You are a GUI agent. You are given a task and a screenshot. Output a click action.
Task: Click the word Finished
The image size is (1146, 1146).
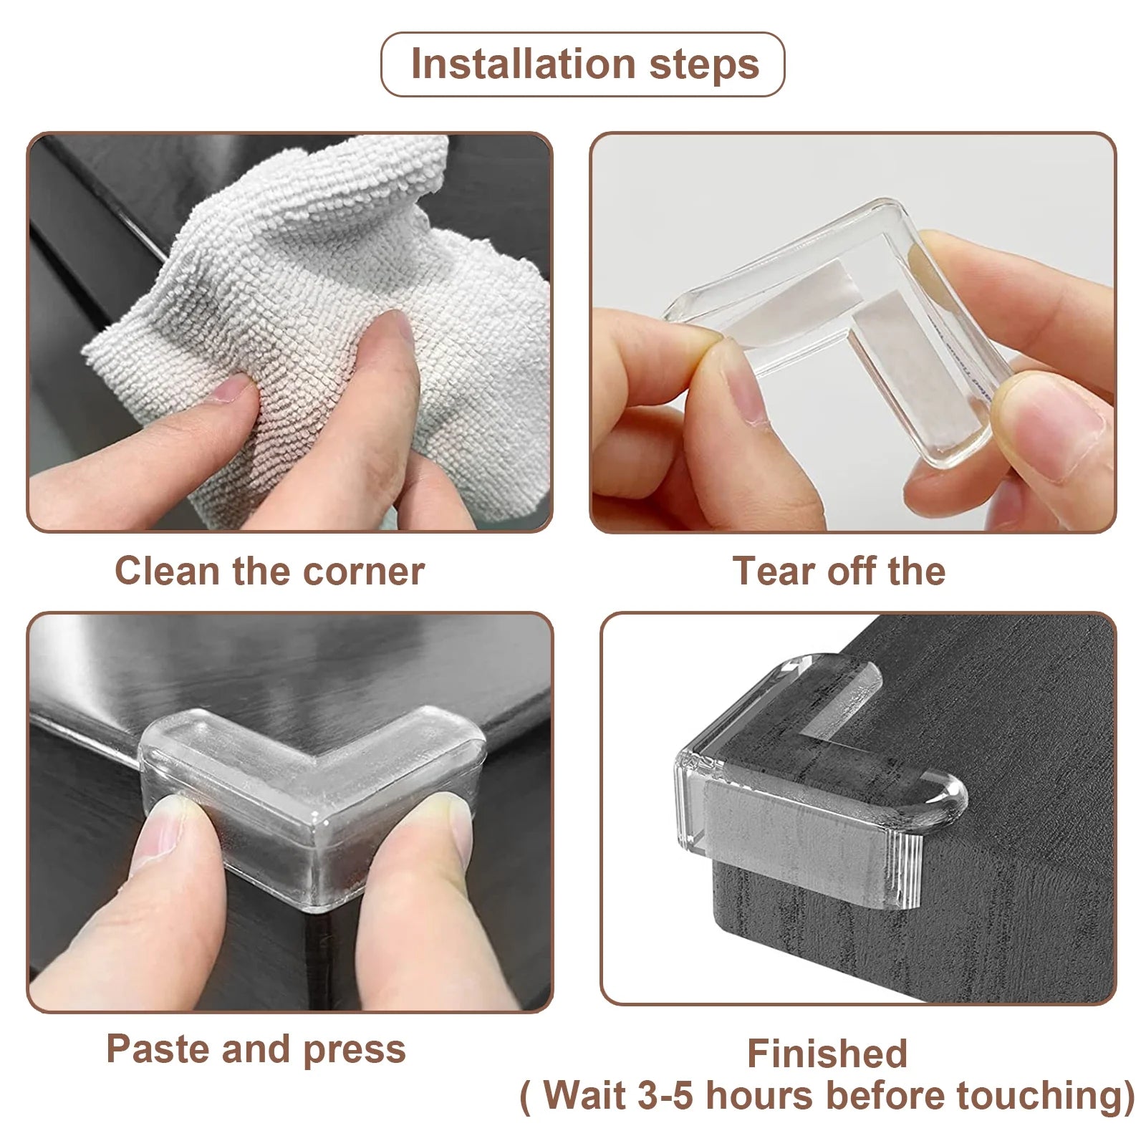[827, 1054]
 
